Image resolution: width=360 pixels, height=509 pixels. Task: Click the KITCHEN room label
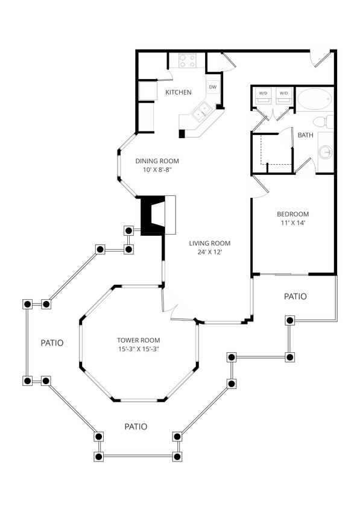pyautogui.click(x=178, y=92)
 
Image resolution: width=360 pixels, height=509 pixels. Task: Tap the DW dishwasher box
pyautogui.click(x=212, y=87)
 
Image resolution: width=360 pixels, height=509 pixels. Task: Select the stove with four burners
pyautogui.click(x=188, y=60)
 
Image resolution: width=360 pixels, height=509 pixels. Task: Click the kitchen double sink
pyautogui.click(x=201, y=111)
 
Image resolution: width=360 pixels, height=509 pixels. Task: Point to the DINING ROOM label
pyautogui.click(x=157, y=161)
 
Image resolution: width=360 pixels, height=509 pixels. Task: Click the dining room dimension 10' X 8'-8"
pyautogui.click(x=157, y=170)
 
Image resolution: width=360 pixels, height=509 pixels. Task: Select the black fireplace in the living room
pyautogui.click(x=153, y=215)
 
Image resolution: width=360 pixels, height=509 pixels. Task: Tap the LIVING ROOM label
pyautogui.click(x=210, y=244)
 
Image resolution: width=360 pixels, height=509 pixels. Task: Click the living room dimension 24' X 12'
pyautogui.click(x=210, y=252)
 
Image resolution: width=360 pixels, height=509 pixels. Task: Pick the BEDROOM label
pyautogui.click(x=293, y=214)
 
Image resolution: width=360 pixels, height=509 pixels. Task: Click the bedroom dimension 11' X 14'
pyautogui.click(x=293, y=223)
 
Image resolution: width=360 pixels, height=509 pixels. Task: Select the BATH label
pyautogui.click(x=305, y=135)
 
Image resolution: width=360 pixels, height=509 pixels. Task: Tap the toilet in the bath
pyautogui.click(x=326, y=122)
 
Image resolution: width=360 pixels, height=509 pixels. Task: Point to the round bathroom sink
pyautogui.click(x=326, y=152)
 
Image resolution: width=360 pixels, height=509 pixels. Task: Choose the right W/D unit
pyautogui.click(x=284, y=94)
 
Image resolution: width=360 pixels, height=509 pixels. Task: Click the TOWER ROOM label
pyautogui.click(x=139, y=340)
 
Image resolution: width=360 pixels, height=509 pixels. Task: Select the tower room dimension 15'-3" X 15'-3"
pyautogui.click(x=139, y=349)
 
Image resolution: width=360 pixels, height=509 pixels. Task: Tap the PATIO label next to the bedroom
pyautogui.click(x=295, y=297)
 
